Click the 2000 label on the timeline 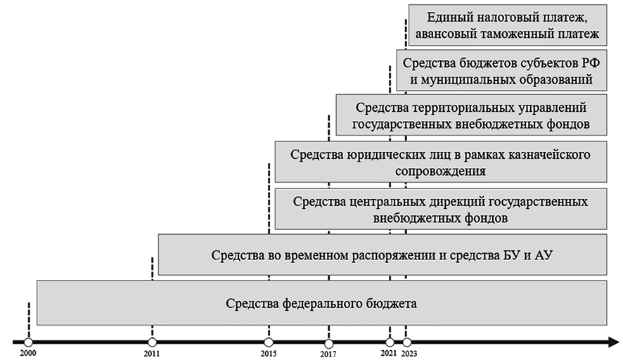(27, 352)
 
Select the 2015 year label (269, 352)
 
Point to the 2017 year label (328, 352)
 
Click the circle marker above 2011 (153, 342)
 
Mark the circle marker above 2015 (269, 342)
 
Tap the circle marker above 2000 (28, 342)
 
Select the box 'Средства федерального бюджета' (322, 303)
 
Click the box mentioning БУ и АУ (383, 255)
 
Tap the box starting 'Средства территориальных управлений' (471, 116)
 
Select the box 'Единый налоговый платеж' (507, 25)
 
